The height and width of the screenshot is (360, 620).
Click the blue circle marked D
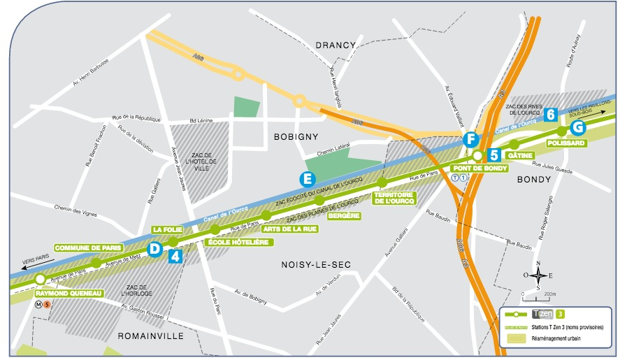(x=155, y=248)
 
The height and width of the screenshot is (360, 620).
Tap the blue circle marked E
(x=305, y=179)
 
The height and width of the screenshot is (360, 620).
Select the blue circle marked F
(x=470, y=140)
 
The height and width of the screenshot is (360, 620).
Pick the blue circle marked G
(x=577, y=127)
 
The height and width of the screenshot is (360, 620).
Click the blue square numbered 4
(x=176, y=256)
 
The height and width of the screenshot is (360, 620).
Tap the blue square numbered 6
(x=551, y=114)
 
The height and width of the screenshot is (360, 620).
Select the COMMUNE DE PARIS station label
(x=89, y=247)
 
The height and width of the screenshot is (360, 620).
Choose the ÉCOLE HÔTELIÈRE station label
(x=240, y=242)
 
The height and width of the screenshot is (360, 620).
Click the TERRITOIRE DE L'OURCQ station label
(x=396, y=198)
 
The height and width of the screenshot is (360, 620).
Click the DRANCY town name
(x=336, y=45)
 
